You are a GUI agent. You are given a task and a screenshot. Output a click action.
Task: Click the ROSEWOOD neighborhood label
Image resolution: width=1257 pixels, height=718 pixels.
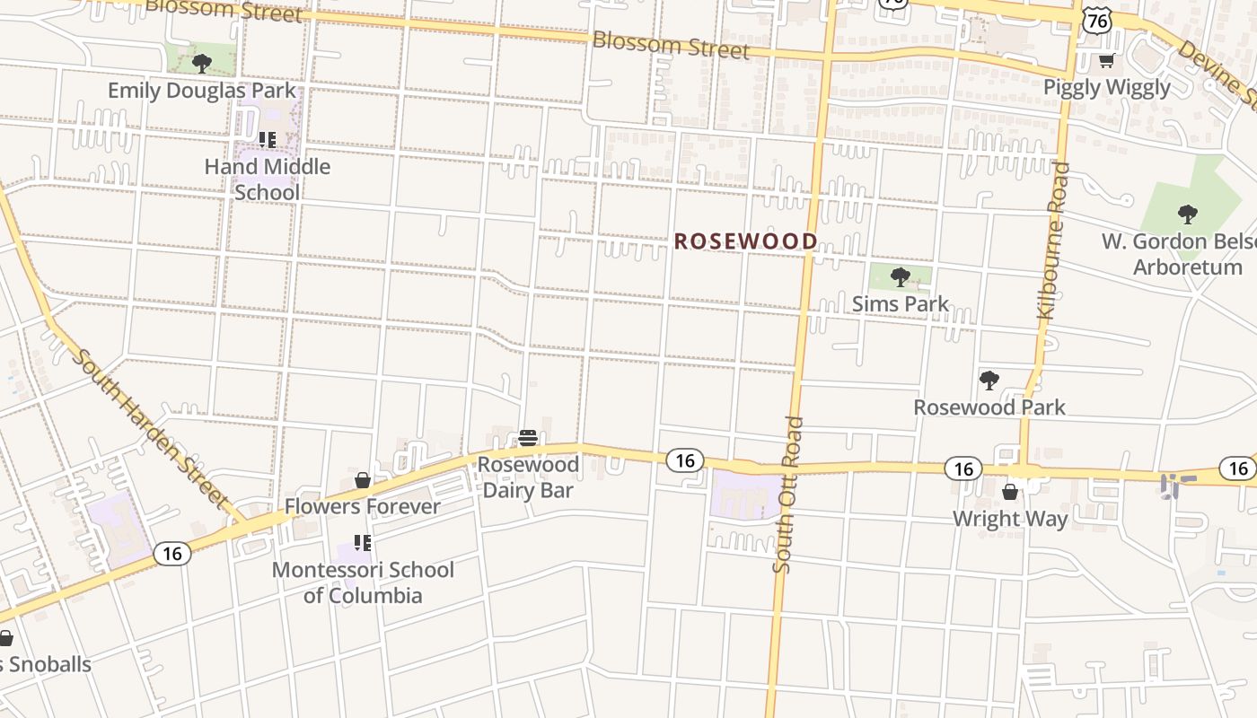point(745,241)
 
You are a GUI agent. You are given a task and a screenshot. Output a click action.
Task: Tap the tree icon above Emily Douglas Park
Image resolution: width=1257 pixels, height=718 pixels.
point(202,63)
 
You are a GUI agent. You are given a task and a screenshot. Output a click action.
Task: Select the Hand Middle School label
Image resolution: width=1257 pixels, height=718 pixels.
point(267,179)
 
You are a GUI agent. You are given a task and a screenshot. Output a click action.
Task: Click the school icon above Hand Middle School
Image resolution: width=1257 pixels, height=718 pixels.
point(267,139)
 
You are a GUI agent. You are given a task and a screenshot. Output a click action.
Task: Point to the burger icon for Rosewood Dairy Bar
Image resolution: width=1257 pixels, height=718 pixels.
point(528,438)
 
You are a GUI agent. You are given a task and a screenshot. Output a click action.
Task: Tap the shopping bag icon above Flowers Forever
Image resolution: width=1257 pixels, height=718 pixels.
point(363,480)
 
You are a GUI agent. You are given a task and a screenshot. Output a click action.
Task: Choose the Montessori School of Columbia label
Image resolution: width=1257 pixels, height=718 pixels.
point(363,582)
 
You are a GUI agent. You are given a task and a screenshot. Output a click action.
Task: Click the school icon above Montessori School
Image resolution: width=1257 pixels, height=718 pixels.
point(363,542)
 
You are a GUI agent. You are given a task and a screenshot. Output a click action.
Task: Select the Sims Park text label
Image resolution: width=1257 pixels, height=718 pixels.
point(900,304)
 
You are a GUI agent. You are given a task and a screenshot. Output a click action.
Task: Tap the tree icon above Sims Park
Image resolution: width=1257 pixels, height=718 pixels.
point(900,276)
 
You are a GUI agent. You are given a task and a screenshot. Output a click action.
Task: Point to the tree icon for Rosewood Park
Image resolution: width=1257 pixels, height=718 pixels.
point(989,381)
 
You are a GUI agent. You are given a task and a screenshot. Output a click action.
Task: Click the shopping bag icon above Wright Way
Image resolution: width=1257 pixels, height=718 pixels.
point(1010,492)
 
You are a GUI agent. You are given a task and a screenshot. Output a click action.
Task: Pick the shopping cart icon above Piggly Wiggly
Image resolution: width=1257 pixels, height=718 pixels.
point(1107,61)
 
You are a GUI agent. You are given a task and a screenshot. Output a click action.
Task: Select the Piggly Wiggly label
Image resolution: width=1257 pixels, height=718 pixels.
point(1107,87)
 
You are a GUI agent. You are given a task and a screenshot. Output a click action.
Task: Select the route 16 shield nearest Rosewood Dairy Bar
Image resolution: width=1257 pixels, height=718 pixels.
point(685,460)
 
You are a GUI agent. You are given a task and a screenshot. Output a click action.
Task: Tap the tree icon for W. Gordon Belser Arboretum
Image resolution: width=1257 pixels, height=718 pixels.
point(1188,214)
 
